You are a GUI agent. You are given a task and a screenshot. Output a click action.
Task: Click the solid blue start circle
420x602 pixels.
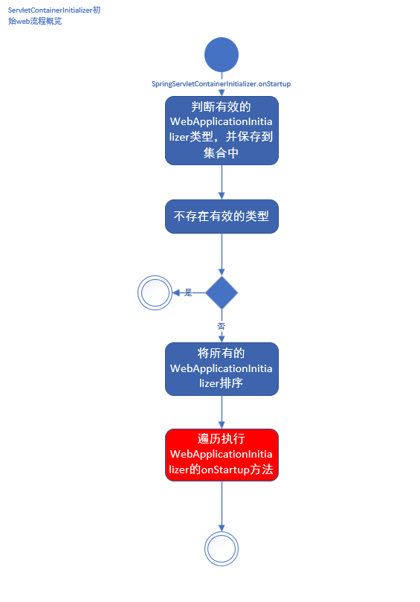pyautogui.click(x=222, y=54)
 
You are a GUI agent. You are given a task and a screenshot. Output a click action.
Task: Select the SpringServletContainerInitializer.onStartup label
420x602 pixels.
pyautogui.click(x=221, y=84)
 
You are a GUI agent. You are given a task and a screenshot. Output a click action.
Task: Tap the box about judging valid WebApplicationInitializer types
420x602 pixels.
pyautogui.click(x=222, y=130)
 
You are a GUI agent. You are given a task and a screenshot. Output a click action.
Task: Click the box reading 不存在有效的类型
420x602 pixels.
pyautogui.click(x=222, y=217)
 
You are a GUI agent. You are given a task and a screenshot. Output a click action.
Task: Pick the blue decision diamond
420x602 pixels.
pyautogui.click(x=222, y=292)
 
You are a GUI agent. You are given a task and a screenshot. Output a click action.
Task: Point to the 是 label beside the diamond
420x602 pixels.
pyautogui.click(x=188, y=292)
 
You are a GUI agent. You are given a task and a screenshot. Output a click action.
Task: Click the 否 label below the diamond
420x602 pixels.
pyautogui.click(x=221, y=326)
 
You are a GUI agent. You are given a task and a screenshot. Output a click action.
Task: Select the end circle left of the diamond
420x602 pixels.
pyautogui.click(x=155, y=292)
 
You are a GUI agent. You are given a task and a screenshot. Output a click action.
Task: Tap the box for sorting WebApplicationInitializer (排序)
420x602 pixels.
pyautogui.click(x=222, y=368)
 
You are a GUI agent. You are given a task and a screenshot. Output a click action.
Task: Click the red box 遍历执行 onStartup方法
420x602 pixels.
pyautogui.click(x=222, y=455)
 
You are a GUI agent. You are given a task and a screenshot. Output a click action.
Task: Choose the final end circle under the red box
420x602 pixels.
pyautogui.click(x=222, y=549)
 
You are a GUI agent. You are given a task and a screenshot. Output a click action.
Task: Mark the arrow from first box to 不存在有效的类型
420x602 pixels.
pyautogui.click(x=222, y=182)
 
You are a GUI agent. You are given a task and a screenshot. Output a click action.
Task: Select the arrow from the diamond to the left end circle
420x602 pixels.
pyautogui.click(x=180, y=292)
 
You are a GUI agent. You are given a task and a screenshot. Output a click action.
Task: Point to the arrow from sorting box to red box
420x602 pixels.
pyautogui.click(x=222, y=412)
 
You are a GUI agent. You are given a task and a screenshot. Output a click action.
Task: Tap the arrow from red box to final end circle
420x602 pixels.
pyautogui.click(x=222, y=506)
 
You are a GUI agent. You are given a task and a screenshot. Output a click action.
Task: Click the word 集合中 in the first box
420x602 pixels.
pyautogui.click(x=222, y=153)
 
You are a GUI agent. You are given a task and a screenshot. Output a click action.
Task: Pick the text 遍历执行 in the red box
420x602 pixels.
pyautogui.click(x=222, y=438)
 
